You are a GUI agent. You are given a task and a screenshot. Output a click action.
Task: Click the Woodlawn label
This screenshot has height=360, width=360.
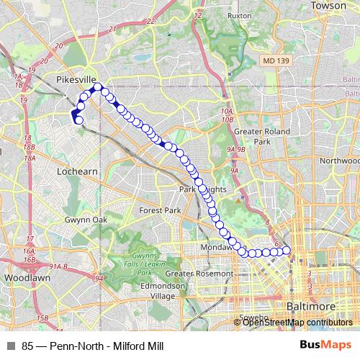point(24,277)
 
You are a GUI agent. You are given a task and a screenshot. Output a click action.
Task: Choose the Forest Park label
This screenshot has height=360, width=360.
point(160,210)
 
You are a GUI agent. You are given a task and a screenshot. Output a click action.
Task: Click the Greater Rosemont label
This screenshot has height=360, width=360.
point(199,274)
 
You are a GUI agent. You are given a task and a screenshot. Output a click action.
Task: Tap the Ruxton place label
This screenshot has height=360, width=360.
point(238,14)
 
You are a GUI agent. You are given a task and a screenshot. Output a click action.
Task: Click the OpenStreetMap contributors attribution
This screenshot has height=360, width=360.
point(298,322)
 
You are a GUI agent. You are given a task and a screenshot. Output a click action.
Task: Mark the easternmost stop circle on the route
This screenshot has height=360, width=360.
point(287,251)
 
